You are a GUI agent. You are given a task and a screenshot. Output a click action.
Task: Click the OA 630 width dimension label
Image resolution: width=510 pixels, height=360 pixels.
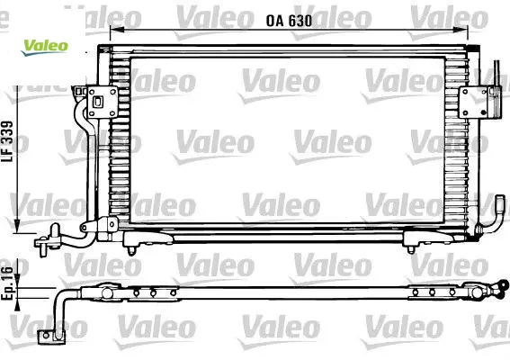[289, 21]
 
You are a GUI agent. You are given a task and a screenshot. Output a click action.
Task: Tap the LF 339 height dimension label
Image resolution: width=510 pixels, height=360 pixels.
[7, 141]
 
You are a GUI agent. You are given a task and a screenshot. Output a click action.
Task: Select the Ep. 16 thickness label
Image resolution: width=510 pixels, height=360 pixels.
[7, 283]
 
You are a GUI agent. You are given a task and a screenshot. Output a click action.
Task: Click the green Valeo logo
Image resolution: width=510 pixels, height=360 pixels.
[45, 47]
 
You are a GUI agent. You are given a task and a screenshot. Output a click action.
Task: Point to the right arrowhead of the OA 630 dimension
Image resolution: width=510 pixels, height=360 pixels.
[461, 30]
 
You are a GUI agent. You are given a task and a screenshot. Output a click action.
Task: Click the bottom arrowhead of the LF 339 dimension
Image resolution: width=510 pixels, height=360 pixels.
[17, 226]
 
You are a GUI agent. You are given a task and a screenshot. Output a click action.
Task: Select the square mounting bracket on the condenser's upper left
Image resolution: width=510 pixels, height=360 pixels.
[103, 102]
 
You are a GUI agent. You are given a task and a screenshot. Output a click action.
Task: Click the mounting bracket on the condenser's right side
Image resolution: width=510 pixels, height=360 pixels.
[473, 103]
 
